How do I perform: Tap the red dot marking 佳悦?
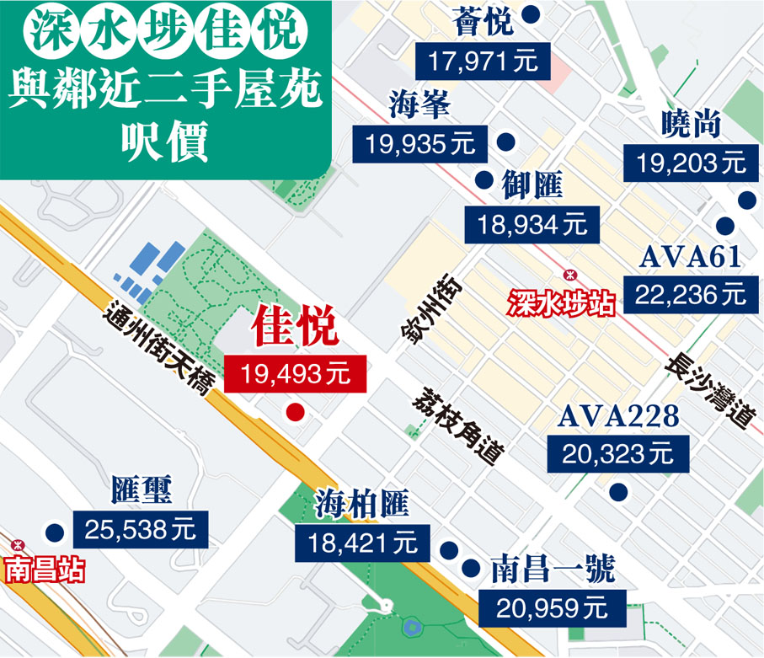point(295,412)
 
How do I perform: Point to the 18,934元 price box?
point(532,224)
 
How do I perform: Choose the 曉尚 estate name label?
point(691,126)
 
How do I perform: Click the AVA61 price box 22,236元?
point(685,294)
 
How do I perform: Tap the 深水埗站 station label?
point(560,301)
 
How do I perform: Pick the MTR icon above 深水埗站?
point(569,275)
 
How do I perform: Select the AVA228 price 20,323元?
point(618,454)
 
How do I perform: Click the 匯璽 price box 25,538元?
point(140,529)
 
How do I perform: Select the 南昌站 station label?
point(44,570)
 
